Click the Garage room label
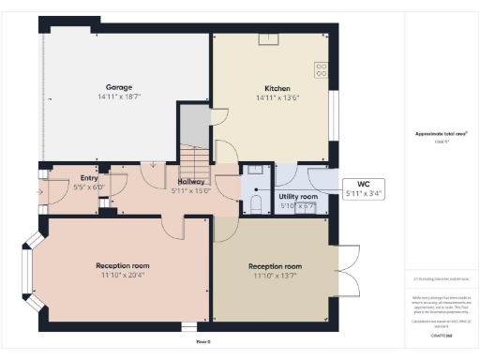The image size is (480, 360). pos(117,85)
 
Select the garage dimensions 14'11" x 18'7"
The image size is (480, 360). pos(117,96)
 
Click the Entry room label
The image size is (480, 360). pos(89,177)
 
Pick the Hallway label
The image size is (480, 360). pos(191,181)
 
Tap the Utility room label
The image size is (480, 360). pos(299,196)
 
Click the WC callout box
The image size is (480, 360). pos(363,188)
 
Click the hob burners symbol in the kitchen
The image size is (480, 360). pos(322,68)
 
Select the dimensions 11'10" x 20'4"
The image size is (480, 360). pos(117,276)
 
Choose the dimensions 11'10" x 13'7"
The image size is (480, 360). pos(274,276)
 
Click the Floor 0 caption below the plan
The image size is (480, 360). pos(202,342)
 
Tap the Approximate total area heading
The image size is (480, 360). pos(441,133)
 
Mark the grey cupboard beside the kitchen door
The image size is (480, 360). pos(194,125)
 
